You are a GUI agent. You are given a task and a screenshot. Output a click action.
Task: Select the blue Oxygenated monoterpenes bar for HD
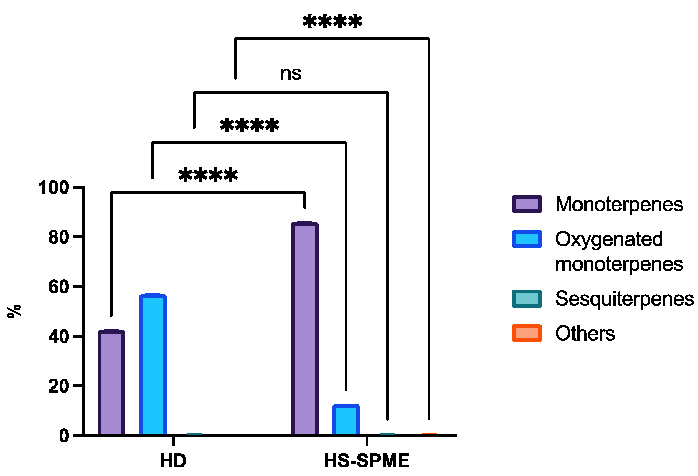(153, 365)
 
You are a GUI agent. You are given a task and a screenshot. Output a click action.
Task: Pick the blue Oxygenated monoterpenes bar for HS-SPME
(346, 420)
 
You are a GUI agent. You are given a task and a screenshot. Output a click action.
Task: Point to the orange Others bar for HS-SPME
(429, 434)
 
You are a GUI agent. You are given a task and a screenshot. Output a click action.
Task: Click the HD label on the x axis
(173, 461)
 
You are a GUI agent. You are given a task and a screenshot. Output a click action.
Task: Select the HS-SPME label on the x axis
(367, 461)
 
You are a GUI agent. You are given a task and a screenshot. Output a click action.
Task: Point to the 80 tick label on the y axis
(59, 237)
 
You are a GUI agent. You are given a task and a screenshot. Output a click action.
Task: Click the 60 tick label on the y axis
(59, 287)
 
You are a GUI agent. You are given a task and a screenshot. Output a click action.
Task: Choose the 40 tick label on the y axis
(59, 336)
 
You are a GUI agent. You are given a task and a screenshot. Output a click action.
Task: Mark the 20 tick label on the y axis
(59, 386)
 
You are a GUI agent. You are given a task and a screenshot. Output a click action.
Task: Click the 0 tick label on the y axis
(64, 435)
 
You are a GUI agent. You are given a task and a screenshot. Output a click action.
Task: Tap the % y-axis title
(14, 311)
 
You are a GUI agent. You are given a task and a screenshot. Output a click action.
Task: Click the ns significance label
(291, 73)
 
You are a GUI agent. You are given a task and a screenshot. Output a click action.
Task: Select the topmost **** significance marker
(332, 22)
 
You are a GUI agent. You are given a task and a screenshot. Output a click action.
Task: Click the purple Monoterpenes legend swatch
(527, 204)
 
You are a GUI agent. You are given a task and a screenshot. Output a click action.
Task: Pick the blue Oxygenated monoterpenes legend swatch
(527, 239)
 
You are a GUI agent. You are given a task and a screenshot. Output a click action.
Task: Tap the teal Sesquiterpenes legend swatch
(527, 298)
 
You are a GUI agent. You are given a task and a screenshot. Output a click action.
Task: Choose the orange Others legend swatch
(527, 333)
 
